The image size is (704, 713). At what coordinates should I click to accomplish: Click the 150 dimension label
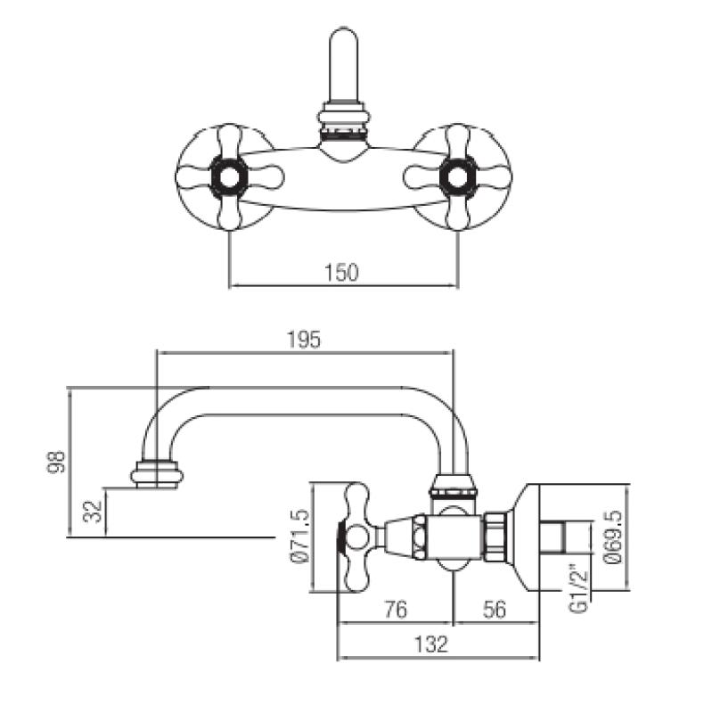click(341, 273)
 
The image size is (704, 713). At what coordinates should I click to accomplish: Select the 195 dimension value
click(303, 339)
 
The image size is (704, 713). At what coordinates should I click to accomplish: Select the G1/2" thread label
click(578, 588)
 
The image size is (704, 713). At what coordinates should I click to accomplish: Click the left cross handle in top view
click(231, 176)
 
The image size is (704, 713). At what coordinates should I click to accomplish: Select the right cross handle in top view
click(457, 176)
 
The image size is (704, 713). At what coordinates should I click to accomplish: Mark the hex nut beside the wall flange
click(495, 537)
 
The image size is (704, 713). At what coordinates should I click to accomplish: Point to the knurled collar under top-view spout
click(343, 127)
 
